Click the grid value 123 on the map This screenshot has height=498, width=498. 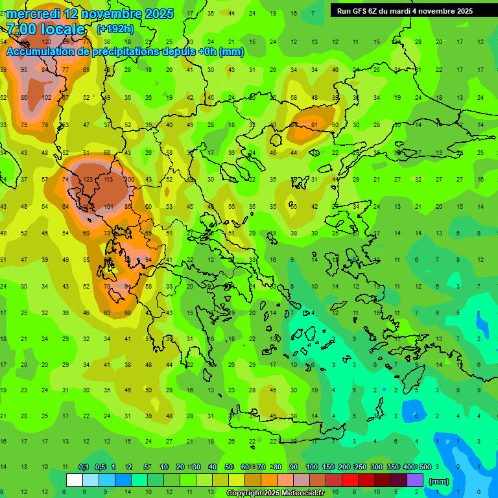click(x=88, y=180)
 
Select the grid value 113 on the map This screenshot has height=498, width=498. click(x=108, y=180)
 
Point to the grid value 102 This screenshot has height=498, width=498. click(x=46, y=98)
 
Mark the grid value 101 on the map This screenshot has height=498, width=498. click(x=109, y=207)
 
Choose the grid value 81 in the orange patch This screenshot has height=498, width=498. click(x=314, y=125)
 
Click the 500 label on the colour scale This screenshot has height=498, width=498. click(x=424, y=468)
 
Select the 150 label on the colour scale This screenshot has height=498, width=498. click(x=328, y=468)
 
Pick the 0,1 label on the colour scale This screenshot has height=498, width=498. click(x=84, y=468)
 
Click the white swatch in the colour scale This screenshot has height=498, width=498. click(x=75, y=480)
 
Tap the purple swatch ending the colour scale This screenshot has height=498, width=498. click(x=415, y=480)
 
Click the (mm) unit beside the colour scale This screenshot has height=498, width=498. click(x=439, y=482)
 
